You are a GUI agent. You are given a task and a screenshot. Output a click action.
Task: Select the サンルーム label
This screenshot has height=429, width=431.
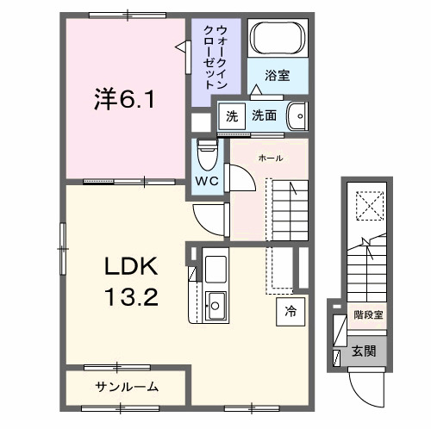(127, 386)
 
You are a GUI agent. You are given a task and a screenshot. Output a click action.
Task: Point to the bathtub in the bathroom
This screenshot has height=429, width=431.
(276, 40)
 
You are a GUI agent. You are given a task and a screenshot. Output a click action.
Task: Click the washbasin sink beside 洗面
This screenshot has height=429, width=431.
(297, 115)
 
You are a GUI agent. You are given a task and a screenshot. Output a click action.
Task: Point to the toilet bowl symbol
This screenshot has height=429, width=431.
(206, 152)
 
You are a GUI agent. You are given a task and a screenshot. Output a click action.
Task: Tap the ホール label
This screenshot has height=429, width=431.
(269, 158)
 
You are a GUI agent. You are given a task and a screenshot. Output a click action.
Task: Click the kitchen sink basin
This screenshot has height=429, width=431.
(215, 304)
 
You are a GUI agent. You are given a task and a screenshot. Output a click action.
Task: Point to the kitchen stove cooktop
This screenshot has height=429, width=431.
(215, 267)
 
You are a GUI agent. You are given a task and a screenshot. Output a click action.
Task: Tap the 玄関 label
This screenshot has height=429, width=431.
(362, 351)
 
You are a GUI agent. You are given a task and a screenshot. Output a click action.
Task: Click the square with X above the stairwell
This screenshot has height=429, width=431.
(368, 205)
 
